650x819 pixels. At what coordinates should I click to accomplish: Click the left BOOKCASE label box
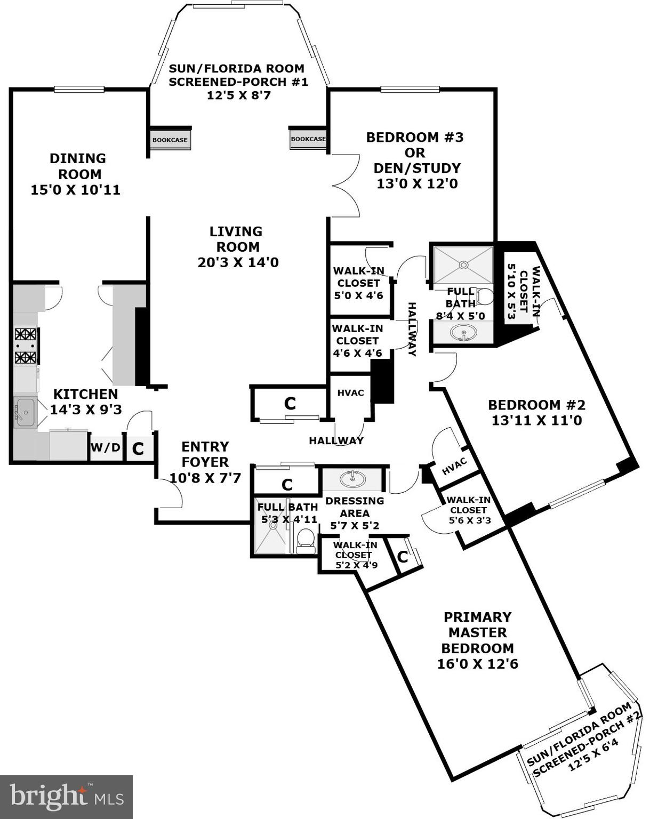[170, 140]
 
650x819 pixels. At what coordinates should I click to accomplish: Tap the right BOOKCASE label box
[308, 139]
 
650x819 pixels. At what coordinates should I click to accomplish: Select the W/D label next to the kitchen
[106, 447]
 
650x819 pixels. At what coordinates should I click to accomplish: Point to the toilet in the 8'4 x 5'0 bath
[485, 296]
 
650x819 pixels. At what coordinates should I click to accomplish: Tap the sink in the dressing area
[352, 479]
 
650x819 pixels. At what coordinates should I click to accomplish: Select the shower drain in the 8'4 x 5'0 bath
[463, 264]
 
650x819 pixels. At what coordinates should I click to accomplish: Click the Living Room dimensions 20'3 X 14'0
[238, 262]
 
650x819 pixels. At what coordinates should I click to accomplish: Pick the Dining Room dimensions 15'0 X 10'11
[75, 190]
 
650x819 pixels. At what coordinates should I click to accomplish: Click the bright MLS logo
[66, 797]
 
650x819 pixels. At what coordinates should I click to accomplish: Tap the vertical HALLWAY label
[412, 329]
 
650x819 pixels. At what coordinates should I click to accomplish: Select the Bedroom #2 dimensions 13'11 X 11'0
[536, 420]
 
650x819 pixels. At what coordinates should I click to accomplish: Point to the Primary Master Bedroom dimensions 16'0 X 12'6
[477, 664]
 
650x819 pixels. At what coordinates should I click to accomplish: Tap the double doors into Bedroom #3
[346, 186]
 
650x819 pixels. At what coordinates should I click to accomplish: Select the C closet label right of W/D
[138, 448]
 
